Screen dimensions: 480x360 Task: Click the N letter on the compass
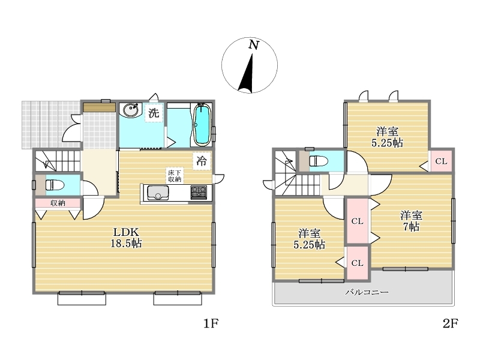pyautogui.click(x=253, y=45)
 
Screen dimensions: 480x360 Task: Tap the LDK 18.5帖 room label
pyautogui.click(x=126, y=237)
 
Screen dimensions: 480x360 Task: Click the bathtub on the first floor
pyautogui.click(x=202, y=125)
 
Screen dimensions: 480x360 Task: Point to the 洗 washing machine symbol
pyautogui.click(x=154, y=113)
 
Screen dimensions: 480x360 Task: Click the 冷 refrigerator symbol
pyautogui.click(x=202, y=161)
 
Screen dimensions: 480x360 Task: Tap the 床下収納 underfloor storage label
pyautogui.click(x=175, y=175)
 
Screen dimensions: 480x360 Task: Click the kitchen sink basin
pyautogui.click(x=158, y=192)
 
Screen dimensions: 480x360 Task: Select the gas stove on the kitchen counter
pyautogui.click(x=199, y=192)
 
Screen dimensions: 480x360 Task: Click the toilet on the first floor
pyautogui.click(x=55, y=185)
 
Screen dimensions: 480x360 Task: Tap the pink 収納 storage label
pyautogui.click(x=58, y=203)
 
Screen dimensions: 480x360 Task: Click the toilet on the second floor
pyautogui.click(x=319, y=160)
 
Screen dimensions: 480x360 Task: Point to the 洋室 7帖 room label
pyautogui.click(x=411, y=221)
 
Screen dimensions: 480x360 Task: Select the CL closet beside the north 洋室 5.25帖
pyautogui.click(x=441, y=161)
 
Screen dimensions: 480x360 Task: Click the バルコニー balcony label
pyautogui.click(x=367, y=292)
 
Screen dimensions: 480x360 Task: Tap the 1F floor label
pyautogui.click(x=211, y=323)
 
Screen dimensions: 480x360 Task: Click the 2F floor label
pyautogui.click(x=450, y=323)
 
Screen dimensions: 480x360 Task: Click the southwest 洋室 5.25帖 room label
pyautogui.click(x=309, y=239)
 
